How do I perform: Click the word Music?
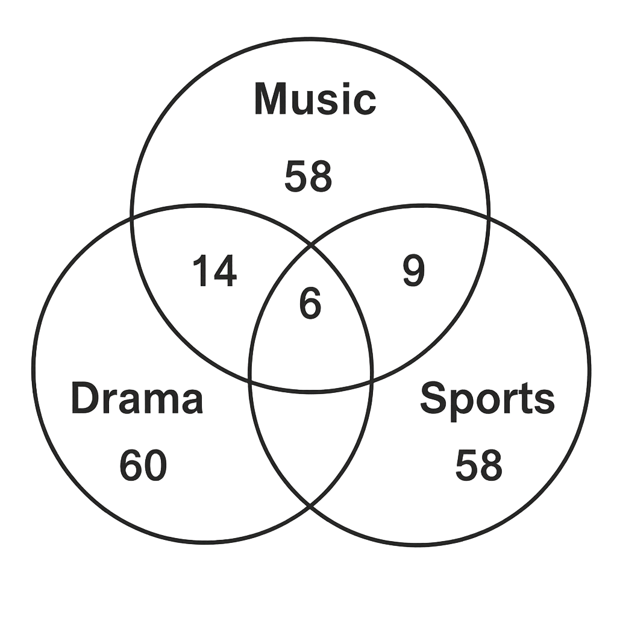[x=315, y=99]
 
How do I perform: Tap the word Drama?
[x=137, y=398]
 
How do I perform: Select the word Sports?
[x=487, y=401]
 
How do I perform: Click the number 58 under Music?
[x=308, y=177]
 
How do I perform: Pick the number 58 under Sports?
[x=478, y=466]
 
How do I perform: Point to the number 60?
[x=143, y=466]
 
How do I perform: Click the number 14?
[x=215, y=271]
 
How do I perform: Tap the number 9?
[x=414, y=271]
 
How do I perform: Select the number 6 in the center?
[x=310, y=302]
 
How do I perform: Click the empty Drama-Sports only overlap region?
[x=311, y=437]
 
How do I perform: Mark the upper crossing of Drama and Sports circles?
[x=311, y=245]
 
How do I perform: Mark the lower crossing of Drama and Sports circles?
[x=310, y=506]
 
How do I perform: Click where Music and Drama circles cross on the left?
[x=132, y=217]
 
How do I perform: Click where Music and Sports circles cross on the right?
[x=489, y=217]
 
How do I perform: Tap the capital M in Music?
[x=272, y=99]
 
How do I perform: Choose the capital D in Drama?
[x=86, y=398]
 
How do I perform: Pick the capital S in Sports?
[x=434, y=398]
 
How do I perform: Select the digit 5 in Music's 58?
[x=296, y=177]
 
